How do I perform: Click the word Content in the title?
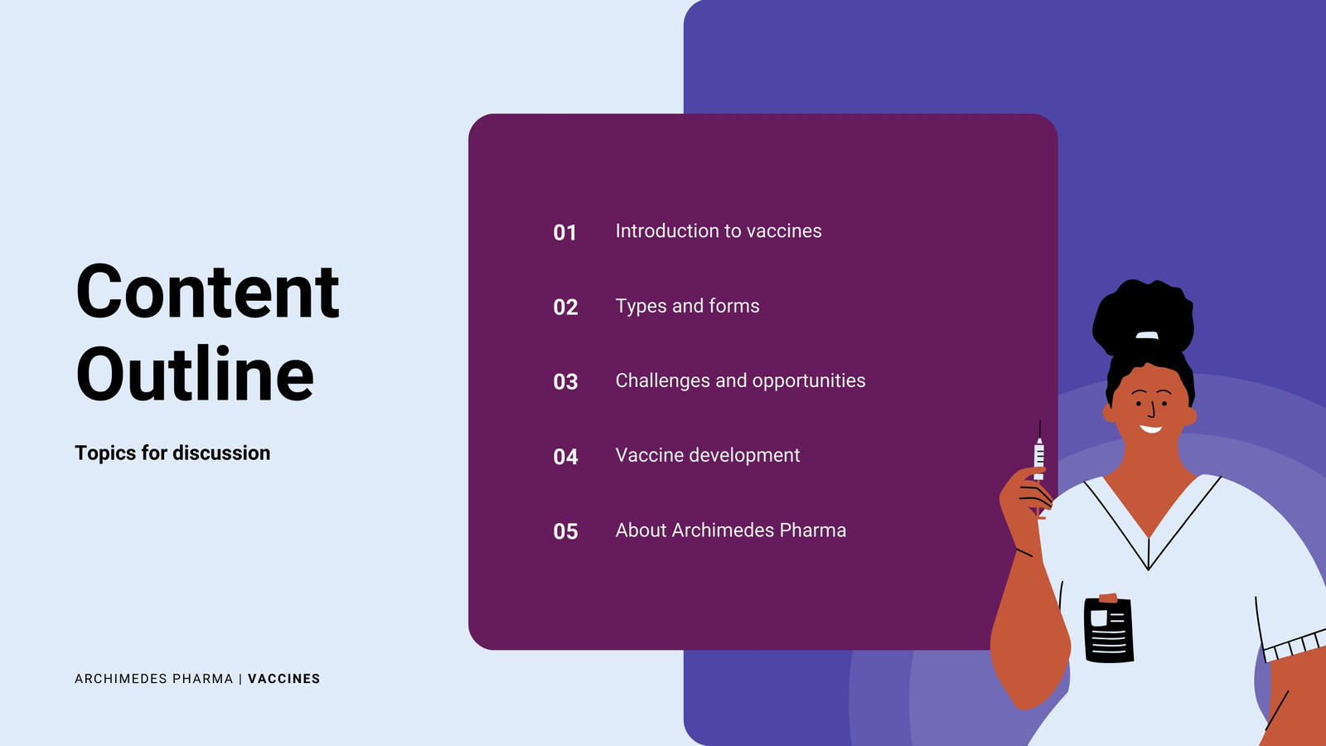coord(207,291)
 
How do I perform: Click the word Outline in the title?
coord(195,374)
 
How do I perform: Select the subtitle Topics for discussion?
coord(172,453)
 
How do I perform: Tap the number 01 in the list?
coord(564,233)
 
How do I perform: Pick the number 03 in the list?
coord(565,382)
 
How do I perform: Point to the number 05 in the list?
coord(565,531)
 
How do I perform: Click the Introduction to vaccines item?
coord(718,231)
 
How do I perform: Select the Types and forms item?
coord(687,306)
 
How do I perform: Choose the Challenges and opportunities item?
coord(740,380)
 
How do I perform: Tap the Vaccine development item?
coord(708,455)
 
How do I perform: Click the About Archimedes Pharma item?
coord(730,530)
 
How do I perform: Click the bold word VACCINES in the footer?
coord(283,679)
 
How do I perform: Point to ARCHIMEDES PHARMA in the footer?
coord(154,679)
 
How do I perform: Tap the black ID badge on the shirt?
coord(1109,629)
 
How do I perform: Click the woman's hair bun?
coord(1143,317)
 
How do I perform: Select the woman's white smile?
coord(1150,429)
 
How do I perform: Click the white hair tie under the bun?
coord(1147,336)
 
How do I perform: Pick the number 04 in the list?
coord(565,457)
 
